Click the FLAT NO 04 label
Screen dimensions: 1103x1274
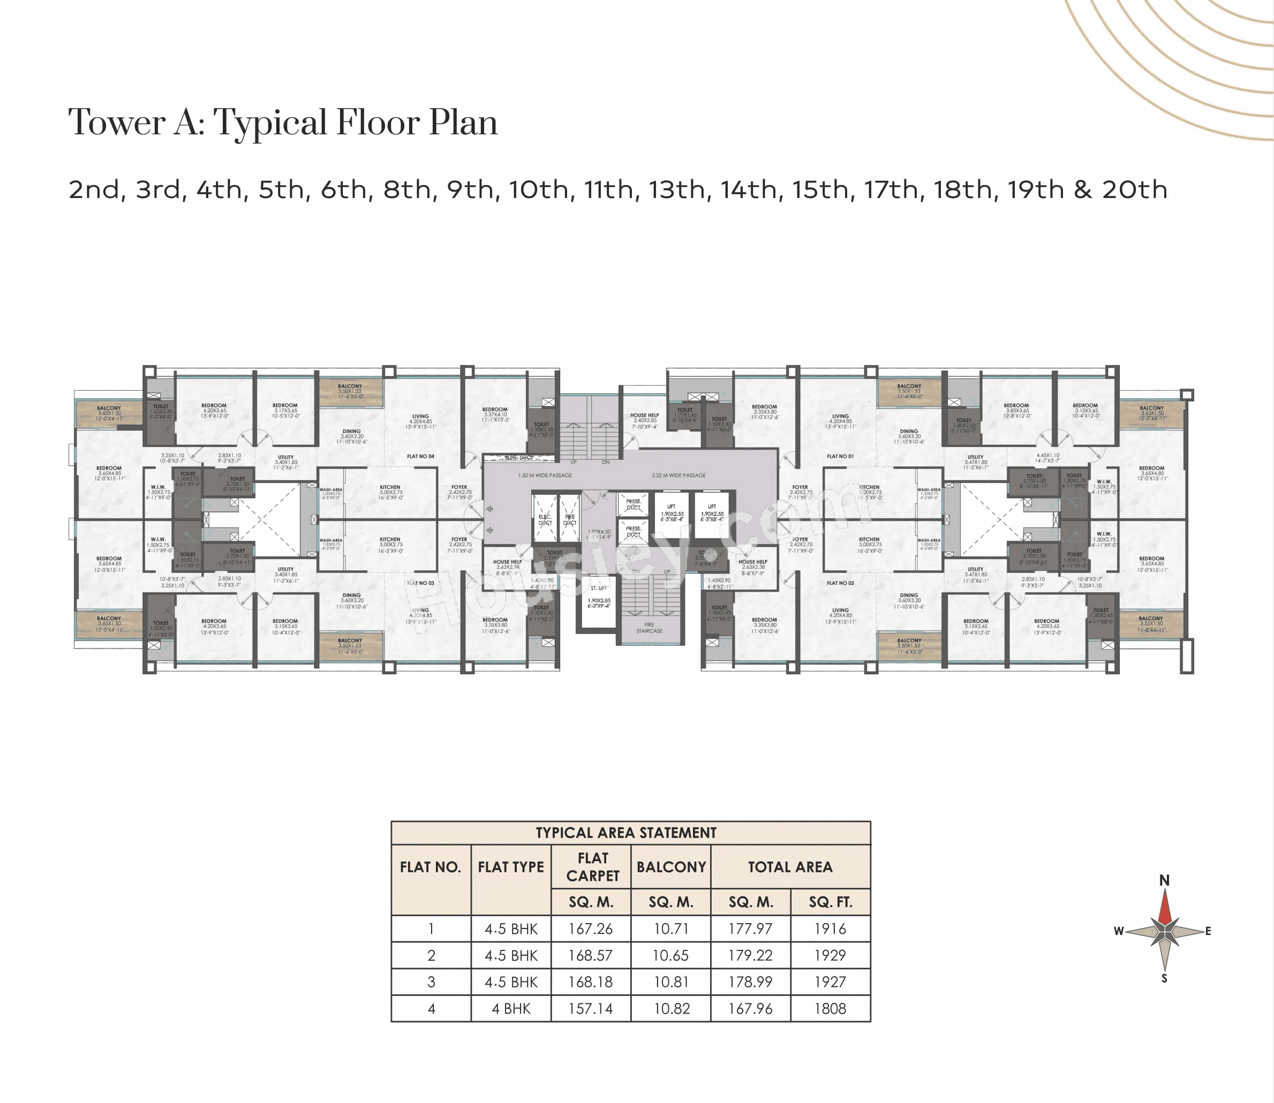[420, 456]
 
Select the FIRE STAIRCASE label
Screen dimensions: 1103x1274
[649, 628]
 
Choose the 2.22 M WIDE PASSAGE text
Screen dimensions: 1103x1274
[679, 475]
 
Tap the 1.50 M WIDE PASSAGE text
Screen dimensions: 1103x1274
[545, 475]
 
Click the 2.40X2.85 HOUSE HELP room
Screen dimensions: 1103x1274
[644, 421]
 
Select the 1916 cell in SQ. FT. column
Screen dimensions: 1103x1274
[830, 929]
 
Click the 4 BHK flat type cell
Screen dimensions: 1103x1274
[510, 1009]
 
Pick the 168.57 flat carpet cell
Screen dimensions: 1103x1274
[590, 956]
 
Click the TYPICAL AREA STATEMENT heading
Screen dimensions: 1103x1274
[625, 833]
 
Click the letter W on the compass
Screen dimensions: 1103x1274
[1119, 931]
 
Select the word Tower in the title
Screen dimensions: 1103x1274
[116, 123]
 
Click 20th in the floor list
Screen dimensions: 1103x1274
[1134, 189]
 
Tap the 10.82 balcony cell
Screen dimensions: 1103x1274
[670, 1009]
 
